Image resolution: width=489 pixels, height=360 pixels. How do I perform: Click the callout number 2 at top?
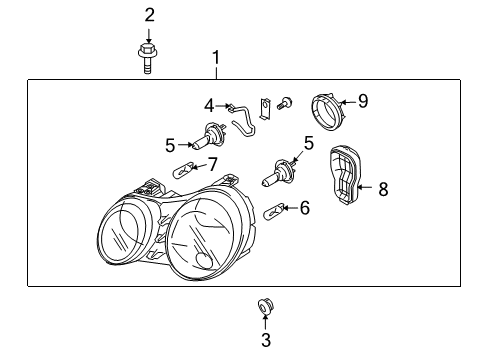point(150,14)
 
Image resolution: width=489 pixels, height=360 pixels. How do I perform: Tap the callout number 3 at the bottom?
point(265,340)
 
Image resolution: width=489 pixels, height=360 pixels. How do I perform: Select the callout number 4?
point(210,104)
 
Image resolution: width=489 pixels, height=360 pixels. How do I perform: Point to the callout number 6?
point(305,207)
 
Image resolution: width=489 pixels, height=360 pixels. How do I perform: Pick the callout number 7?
point(211,163)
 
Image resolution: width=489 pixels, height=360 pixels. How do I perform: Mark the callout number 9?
point(363,100)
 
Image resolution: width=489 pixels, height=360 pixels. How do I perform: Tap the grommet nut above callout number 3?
point(265,304)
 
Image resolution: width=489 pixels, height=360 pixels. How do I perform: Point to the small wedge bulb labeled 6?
point(274,211)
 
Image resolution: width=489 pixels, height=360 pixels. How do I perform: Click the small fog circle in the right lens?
point(205,261)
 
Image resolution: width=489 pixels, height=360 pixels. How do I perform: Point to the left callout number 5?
point(170,146)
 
